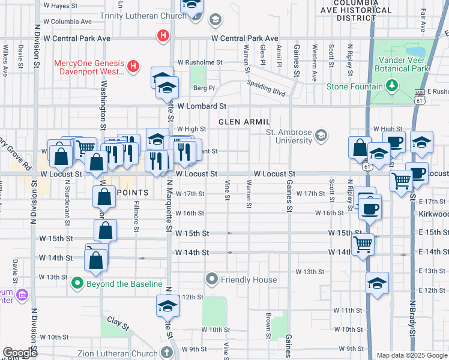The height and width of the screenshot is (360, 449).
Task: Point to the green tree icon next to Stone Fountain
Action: pyautogui.click(x=392, y=86)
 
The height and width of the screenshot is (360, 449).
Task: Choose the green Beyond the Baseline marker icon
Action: pyautogui.click(x=77, y=283)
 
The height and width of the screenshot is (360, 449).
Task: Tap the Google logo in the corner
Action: pyautogui.click(x=20, y=353)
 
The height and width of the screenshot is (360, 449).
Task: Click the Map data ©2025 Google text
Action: pyautogui.click(x=412, y=355)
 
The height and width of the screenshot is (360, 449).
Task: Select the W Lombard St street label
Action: pyautogui.click(x=200, y=106)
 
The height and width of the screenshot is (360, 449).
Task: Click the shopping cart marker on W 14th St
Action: pyautogui.click(x=363, y=244)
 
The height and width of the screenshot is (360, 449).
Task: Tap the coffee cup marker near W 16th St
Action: pyautogui.click(x=369, y=210)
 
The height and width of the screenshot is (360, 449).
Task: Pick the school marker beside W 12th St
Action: pyautogui.click(x=167, y=305)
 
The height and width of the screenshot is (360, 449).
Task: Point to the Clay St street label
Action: pyautogui.click(x=118, y=323)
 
